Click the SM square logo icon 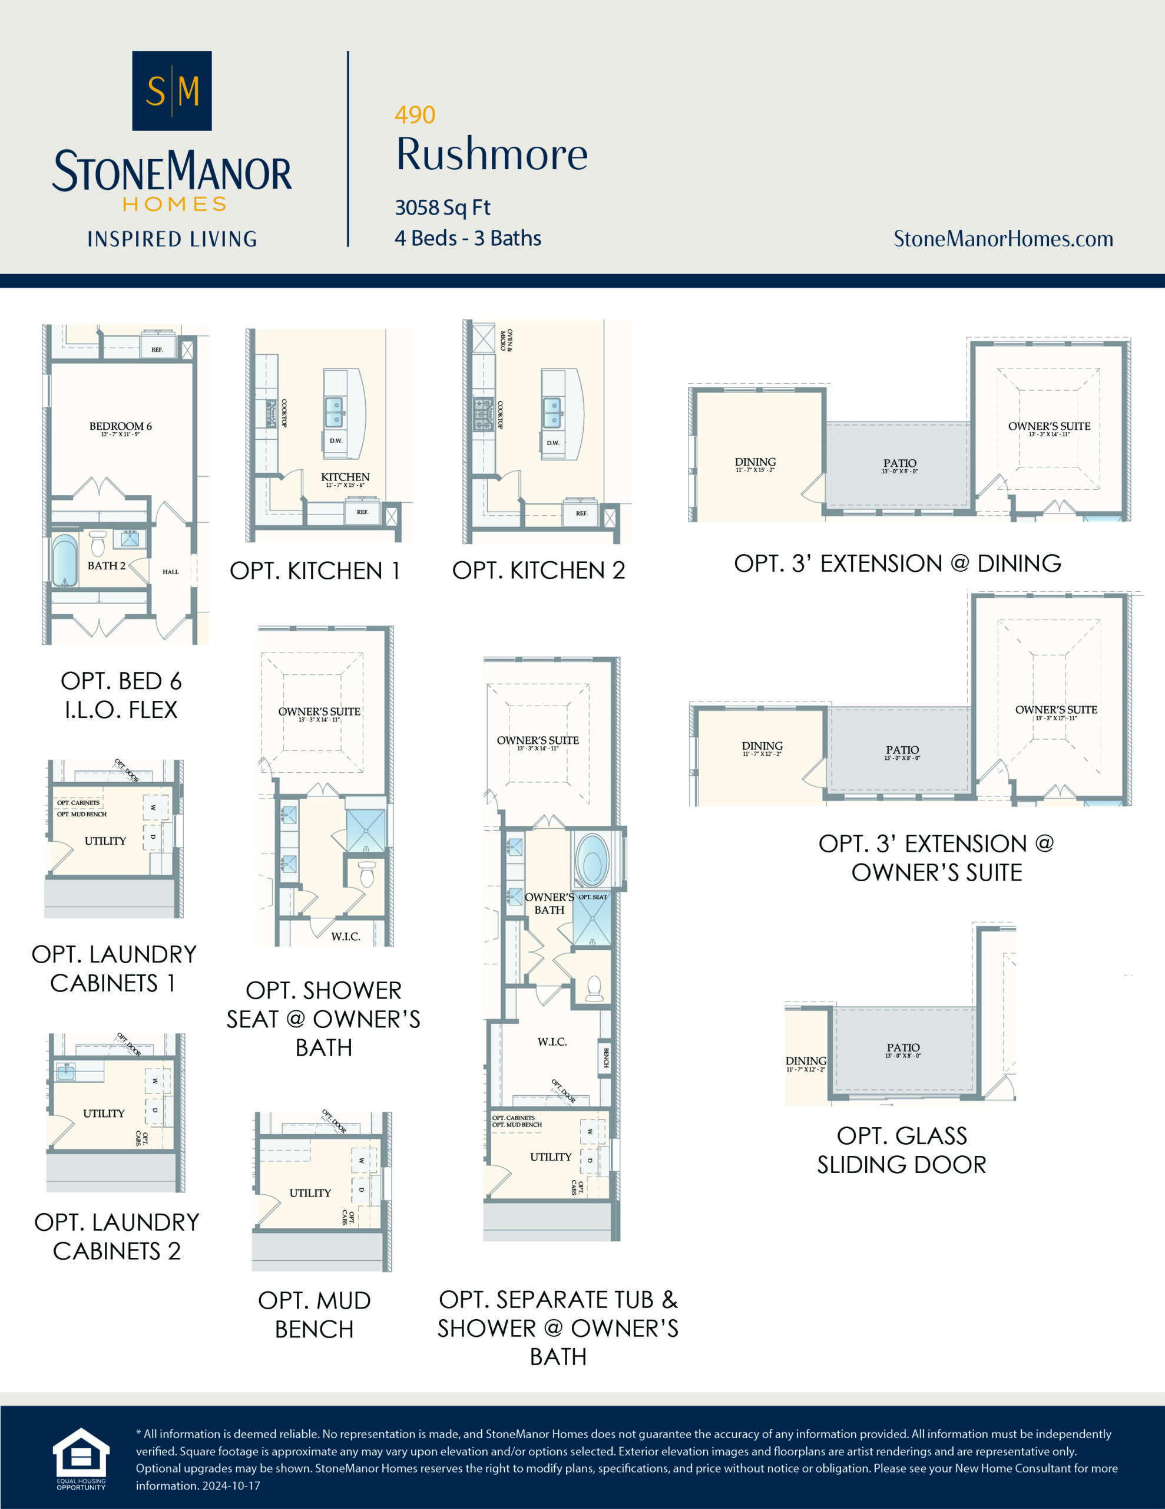point(171,91)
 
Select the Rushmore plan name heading point(492,154)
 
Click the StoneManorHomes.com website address point(1002,239)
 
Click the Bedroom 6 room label point(120,426)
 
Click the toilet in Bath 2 point(97,543)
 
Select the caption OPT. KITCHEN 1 point(315,571)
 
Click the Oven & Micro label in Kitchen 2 point(506,340)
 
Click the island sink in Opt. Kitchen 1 point(334,413)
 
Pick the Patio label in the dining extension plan point(899,463)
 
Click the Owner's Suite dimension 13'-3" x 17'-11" point(1056,719)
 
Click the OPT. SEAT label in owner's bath point(593,897)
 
